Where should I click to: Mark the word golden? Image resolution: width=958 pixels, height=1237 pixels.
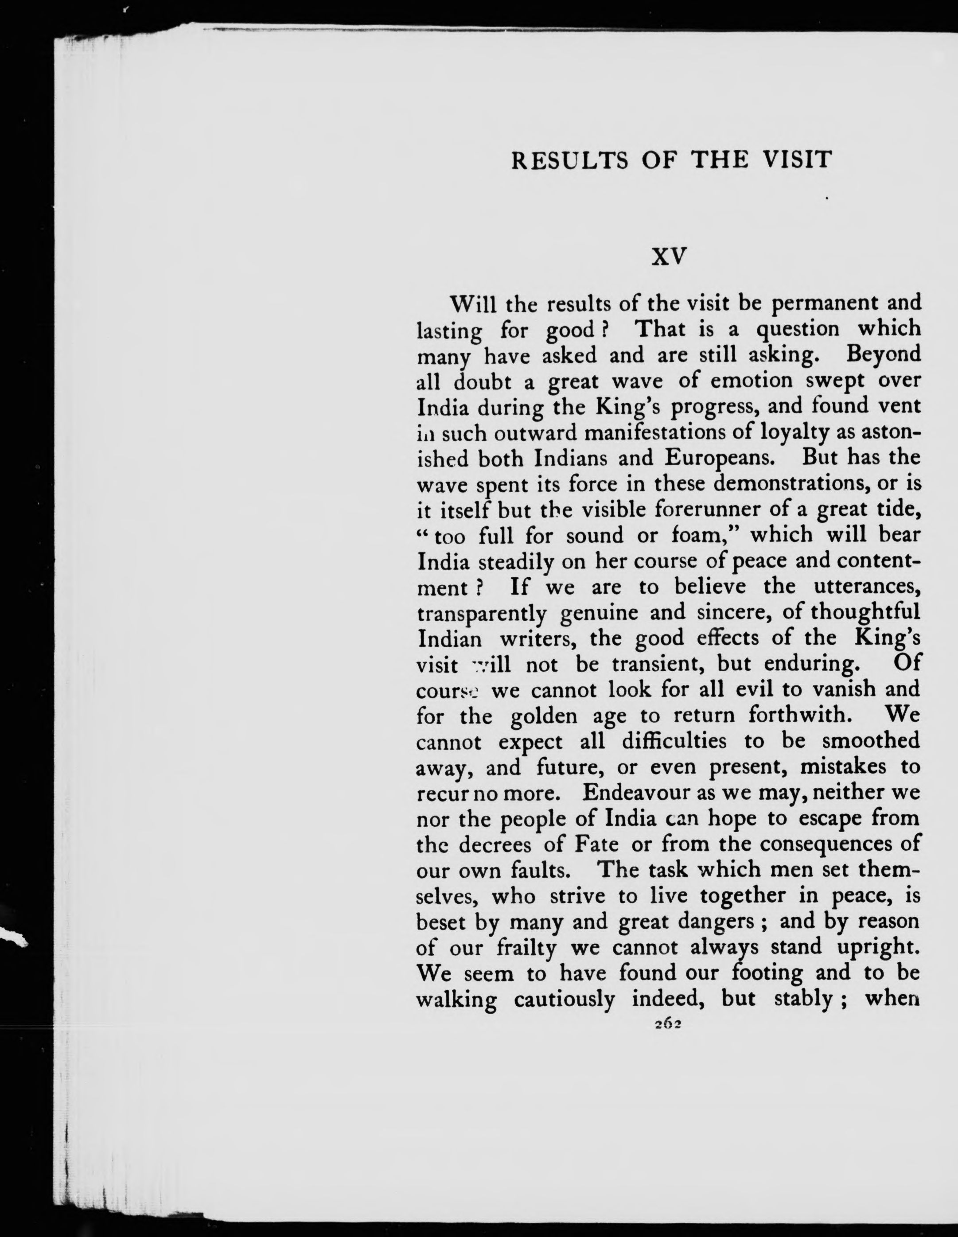(x=544, y=716)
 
